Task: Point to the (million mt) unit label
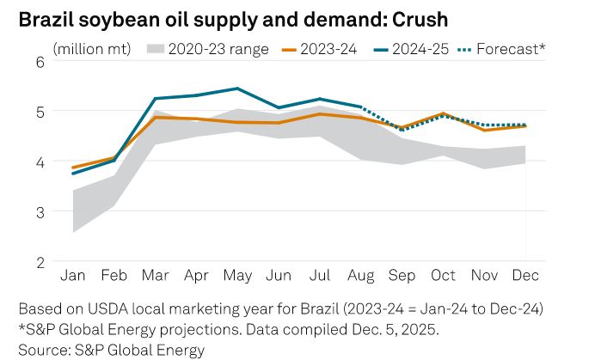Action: [x=93, y=49]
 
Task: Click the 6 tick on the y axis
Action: [x=40, y=61]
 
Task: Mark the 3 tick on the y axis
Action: [x=40, y=211]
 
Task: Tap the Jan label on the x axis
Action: [x=72, y=275]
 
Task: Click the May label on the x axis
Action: [x=236, y=275]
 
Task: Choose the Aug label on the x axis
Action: [x=361, y=275]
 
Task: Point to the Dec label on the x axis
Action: [x=525, y=275]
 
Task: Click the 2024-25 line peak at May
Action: [x=236, y=88]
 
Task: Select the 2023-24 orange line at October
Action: [x=443, y=113]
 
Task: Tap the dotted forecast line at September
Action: [x=402, y=130]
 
